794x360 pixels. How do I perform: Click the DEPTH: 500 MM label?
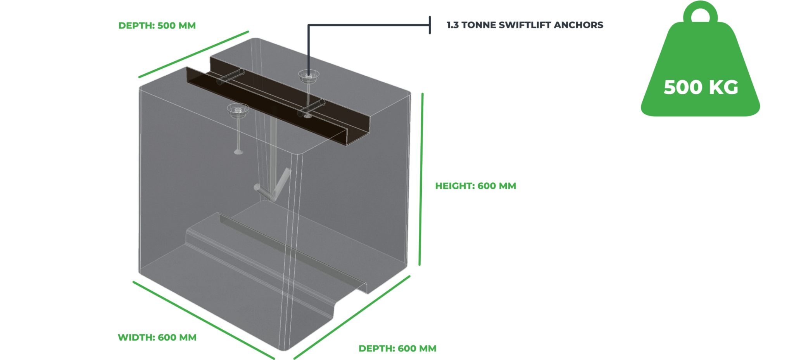point(157,26)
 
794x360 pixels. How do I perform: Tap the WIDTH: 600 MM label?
point(157,337)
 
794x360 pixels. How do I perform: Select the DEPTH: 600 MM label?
point(397,348)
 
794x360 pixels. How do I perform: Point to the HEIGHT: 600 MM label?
point(475,186)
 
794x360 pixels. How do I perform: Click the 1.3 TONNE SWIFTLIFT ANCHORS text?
point(525,25)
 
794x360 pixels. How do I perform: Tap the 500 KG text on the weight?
point(701,87)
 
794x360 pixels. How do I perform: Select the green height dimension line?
point(421,179)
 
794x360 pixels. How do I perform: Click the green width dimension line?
point(204,320)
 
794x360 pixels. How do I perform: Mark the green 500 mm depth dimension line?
point(193,54)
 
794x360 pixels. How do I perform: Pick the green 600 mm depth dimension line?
point(352,317)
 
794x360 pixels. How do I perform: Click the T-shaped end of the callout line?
point(430,25)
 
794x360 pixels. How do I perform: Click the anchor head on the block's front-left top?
point(238,109)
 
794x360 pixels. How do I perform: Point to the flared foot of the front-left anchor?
point(238,152)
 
